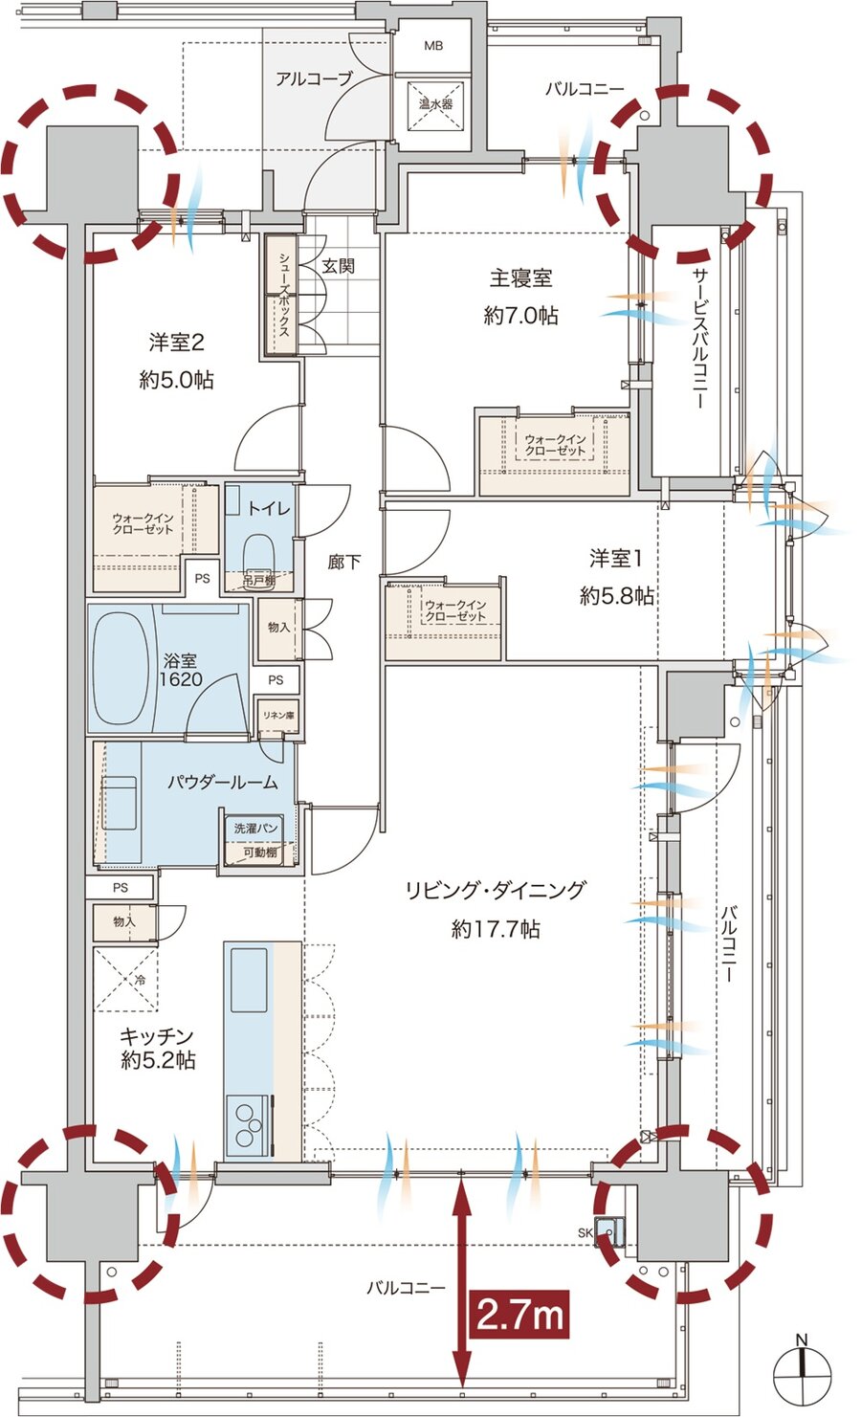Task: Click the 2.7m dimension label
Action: (x=519, y=1315)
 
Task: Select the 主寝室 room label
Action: (x=520, y=278)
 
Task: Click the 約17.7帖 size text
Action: (x=496, y=928)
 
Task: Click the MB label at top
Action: (x=433, y=45)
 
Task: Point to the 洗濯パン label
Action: (x=257, y=828)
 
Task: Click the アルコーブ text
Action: (x=314, y=78)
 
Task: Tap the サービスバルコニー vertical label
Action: (x=697, y=336)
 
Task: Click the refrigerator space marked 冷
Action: (x=127, y=979)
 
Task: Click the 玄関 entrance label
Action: (x=338, y=265)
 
